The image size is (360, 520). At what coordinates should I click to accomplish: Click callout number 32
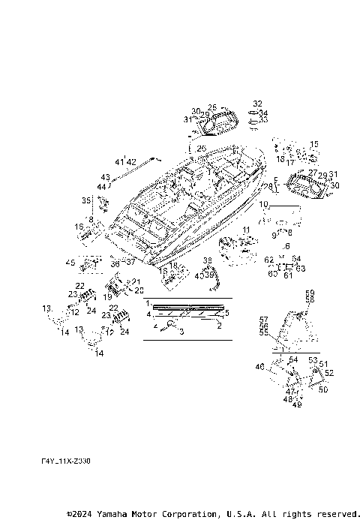click(257, 104)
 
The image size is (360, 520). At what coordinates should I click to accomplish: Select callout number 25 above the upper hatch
click(212, 107)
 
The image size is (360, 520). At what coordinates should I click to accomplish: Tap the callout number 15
click(314, 144)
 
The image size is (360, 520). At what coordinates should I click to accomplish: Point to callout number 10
click(263, 204)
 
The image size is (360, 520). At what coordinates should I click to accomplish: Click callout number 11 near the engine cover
click(246, 228)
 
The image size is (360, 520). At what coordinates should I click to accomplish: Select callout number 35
click(86, 200)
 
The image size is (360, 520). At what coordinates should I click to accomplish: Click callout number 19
click(108, 298)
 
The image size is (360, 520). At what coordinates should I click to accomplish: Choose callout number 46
click(260, 367)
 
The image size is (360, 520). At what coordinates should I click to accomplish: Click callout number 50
click(323, 389)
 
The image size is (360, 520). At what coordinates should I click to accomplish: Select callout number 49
click(297, 405)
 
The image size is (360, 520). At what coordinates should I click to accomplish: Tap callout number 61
click(286, 275)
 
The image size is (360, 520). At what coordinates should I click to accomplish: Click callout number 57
click(263, 319)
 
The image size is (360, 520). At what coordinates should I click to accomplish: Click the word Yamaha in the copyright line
click(115, 514)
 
